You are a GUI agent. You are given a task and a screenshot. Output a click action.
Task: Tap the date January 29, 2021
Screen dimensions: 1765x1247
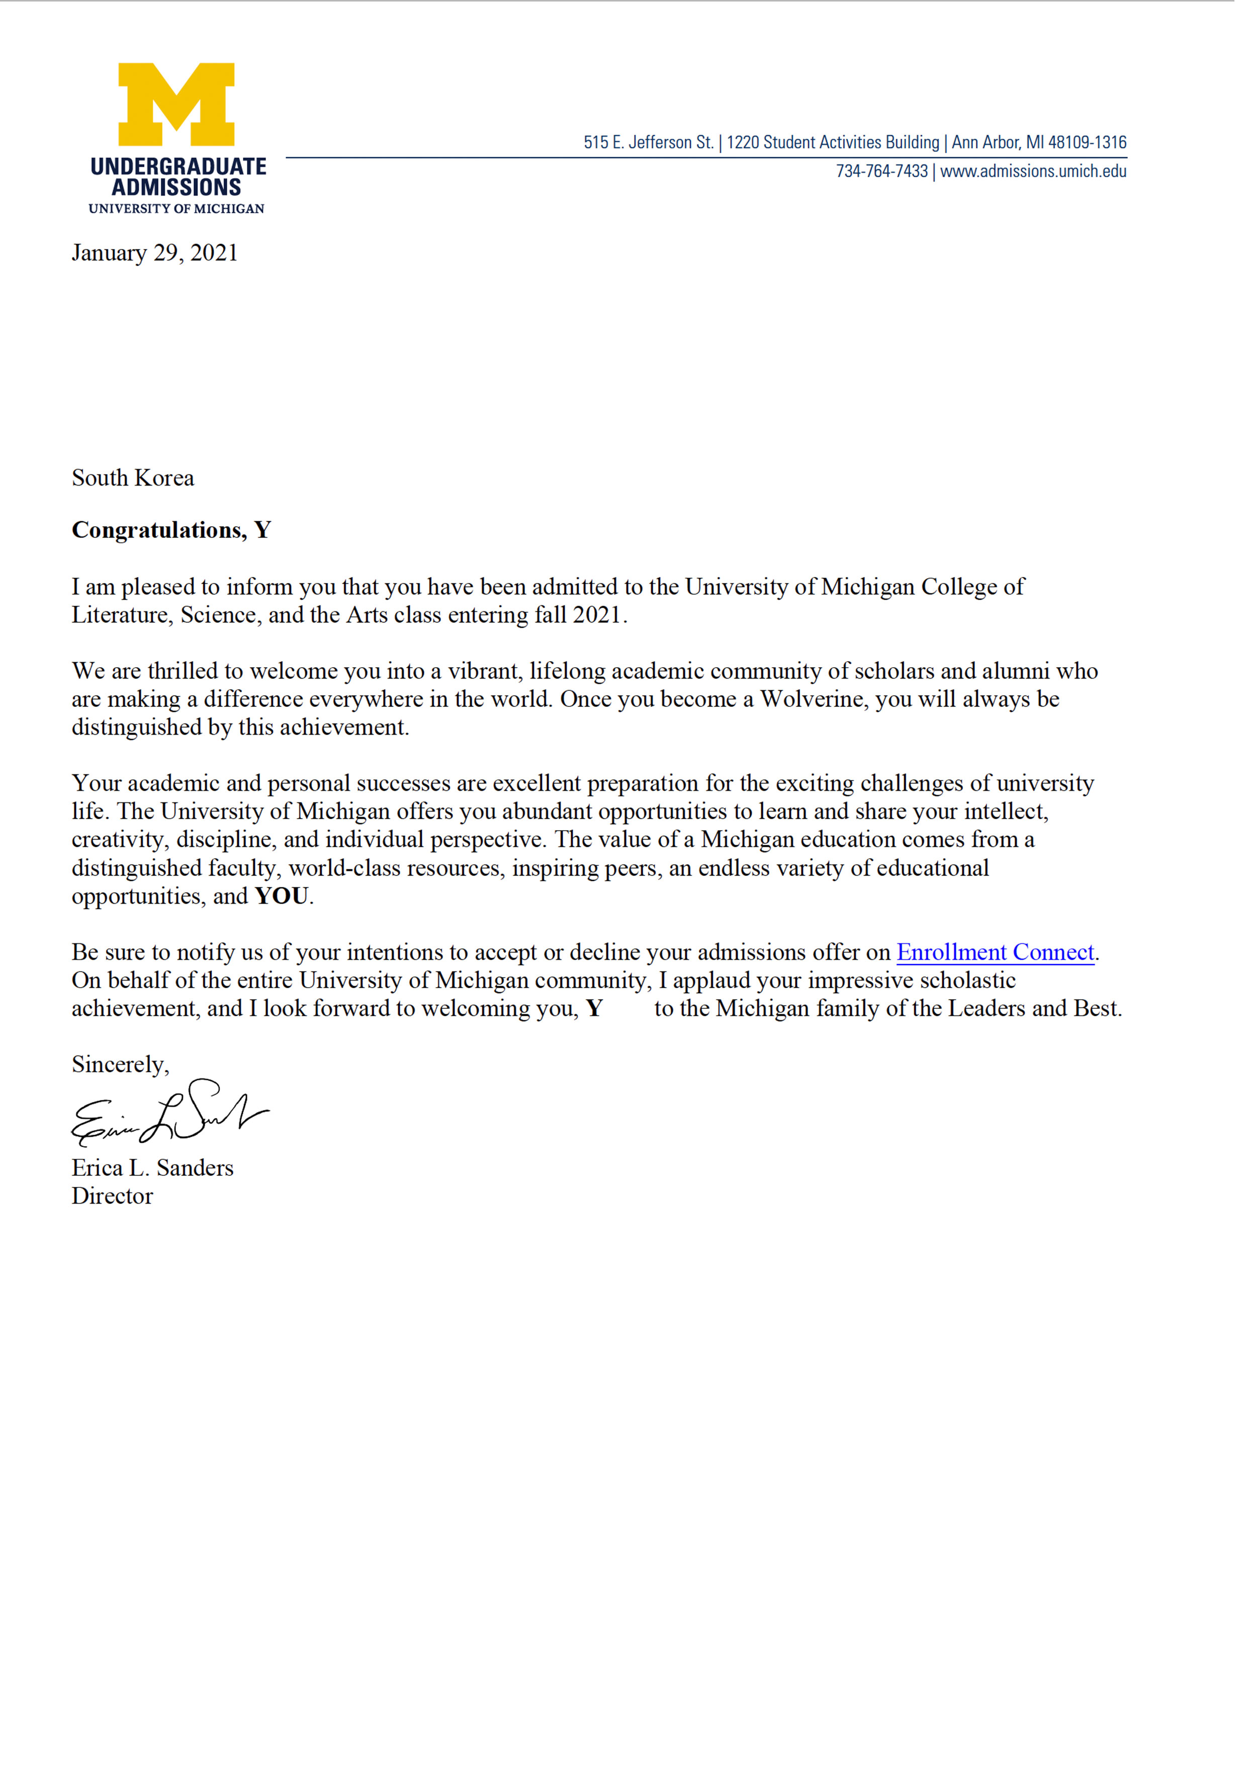tap(154, 253)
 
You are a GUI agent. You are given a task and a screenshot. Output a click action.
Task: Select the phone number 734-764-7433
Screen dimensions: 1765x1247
tap(881, 172)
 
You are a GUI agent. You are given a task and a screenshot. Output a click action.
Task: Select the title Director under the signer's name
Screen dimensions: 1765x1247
tap(112, 1196)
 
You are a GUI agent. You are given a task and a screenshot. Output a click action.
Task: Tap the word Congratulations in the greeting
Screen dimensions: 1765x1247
tap(158, 530)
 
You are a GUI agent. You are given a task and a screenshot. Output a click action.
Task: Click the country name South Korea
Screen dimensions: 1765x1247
tap(133, 478)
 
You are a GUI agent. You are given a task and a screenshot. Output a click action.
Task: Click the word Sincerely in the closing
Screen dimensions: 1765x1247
tap(120, 1065)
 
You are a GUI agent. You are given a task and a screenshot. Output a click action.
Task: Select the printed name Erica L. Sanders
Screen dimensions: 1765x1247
tap(152, 1168)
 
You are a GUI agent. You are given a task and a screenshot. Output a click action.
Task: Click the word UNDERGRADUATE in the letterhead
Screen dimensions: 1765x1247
tap(179, 167)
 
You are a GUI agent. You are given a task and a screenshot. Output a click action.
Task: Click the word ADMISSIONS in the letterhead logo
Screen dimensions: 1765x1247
tap(176, 188)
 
